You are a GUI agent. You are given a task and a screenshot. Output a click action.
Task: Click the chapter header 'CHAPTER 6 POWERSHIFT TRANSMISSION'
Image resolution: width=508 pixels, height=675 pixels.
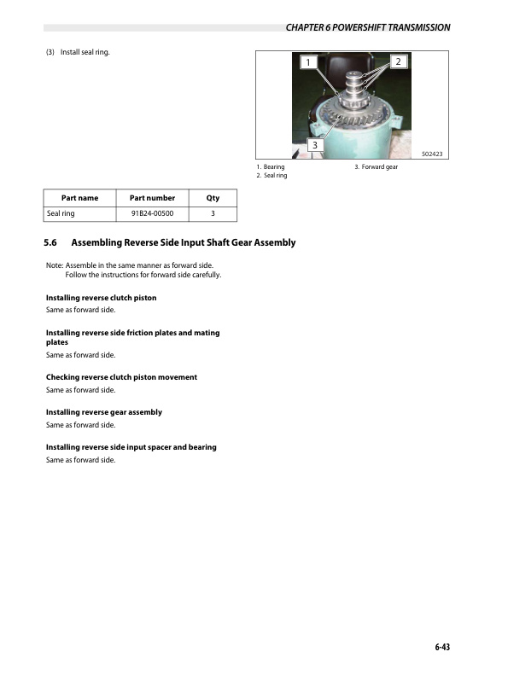tap(368, 28)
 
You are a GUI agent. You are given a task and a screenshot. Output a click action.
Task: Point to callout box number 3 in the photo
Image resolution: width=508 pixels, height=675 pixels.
tap(315, 145)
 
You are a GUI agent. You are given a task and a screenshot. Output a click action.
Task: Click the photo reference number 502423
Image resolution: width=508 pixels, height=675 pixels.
tap(436, 154)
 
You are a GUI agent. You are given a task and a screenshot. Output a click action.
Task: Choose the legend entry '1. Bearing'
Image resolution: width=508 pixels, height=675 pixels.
tap(271, 166)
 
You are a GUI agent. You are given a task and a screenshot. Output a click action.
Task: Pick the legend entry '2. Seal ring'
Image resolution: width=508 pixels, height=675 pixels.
tap(272, 175)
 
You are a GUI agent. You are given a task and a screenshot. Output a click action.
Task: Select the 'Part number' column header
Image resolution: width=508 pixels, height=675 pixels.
tap(152, 198)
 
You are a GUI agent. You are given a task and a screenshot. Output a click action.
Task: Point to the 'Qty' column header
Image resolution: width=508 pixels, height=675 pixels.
tap(213, 198)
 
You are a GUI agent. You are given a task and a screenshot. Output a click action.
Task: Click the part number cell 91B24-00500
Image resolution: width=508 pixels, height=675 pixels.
tap(152, 213)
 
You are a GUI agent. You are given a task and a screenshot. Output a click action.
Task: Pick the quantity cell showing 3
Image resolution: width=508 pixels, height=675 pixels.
tap(213, 213)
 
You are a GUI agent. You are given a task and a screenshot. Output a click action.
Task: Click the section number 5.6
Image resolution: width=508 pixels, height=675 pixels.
tap(50, 242)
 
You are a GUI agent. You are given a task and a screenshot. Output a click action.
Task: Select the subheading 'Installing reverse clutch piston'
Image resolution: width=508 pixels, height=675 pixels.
tap(101, 298)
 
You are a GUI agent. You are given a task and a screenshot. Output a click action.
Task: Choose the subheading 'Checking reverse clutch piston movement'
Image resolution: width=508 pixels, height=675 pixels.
tap(121, 377)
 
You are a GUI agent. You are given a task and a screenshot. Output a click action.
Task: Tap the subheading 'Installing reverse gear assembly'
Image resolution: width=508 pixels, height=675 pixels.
tap(103, 412)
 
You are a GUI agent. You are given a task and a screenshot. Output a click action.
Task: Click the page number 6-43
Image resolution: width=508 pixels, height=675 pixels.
tap(441, 647)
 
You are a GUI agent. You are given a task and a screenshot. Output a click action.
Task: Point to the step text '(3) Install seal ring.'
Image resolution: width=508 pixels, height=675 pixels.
tap(79, 53)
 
